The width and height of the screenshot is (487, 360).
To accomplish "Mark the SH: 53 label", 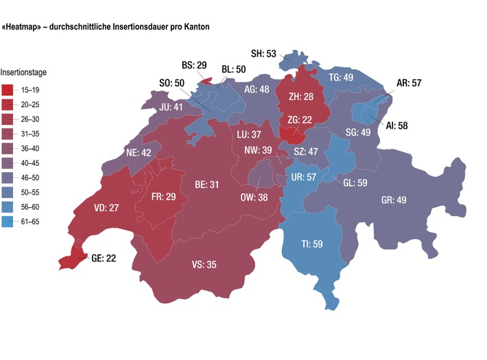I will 263,53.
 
